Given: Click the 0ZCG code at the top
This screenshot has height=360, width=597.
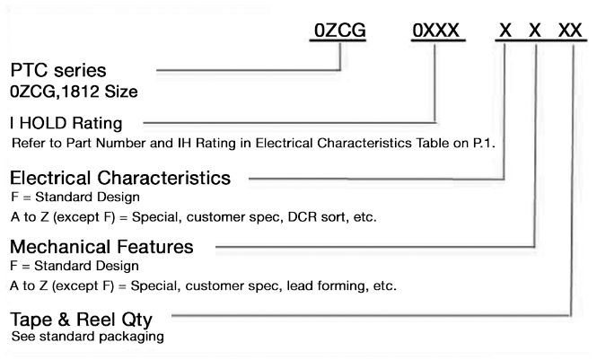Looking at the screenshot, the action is [340, 30].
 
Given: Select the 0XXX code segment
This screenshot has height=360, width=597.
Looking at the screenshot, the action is [436, 30].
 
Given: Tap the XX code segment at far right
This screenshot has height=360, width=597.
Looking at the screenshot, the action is [570, 30].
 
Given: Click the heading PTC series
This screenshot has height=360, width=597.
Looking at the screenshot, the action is [58, 70].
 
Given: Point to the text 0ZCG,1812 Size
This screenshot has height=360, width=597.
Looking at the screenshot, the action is [74, 92].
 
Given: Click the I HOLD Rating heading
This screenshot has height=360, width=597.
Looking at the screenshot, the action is [66, 123].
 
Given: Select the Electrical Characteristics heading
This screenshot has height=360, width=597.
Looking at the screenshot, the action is [120, 178].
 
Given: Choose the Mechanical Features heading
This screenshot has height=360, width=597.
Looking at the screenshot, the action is [101, 247].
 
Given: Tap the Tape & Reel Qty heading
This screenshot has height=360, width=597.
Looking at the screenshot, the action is [81, 320].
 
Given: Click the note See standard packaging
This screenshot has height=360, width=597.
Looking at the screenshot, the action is [88, 337].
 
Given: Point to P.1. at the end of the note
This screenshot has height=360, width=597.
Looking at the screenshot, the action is [484, 143].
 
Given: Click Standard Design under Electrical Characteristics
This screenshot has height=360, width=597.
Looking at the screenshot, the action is [88, 198].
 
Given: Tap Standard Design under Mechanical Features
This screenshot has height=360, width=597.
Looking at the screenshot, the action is [86, 266].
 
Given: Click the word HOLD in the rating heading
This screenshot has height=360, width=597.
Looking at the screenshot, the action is [43, 123].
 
